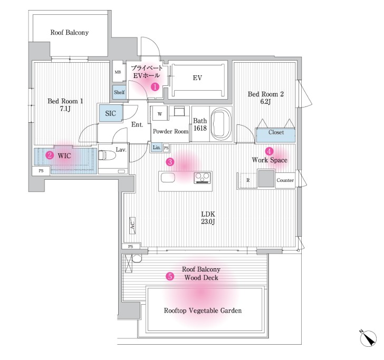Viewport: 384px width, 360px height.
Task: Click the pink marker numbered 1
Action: tap(155, 86)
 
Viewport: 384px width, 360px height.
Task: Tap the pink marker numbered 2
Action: tap(50, 155)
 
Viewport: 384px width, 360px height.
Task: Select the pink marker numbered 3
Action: tap(170, 162)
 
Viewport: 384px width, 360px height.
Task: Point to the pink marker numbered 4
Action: tap(269, 151)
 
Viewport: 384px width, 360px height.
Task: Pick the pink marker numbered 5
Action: tap(170, 276)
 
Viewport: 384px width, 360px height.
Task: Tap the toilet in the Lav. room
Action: tap(107, 155)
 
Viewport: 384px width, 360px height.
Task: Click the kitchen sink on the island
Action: tap(168, 178)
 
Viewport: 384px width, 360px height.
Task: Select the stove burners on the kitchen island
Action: tap(203, 178)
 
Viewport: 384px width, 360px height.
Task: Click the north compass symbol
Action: tap(368, 338)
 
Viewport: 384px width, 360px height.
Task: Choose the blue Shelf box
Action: tap(119, 92)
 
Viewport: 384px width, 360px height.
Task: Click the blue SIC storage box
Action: tap(111, 113)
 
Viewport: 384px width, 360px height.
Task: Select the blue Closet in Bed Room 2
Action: tap(275, 135)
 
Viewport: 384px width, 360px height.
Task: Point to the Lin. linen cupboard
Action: tap(157, 148)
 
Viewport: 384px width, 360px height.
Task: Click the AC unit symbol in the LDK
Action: tap(132, 226)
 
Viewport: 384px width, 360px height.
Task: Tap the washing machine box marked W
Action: tap(160, 113)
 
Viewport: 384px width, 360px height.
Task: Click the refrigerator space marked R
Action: tap(247, 180)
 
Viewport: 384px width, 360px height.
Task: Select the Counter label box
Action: tap(285, 180)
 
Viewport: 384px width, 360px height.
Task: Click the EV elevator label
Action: tap(197, 78)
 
